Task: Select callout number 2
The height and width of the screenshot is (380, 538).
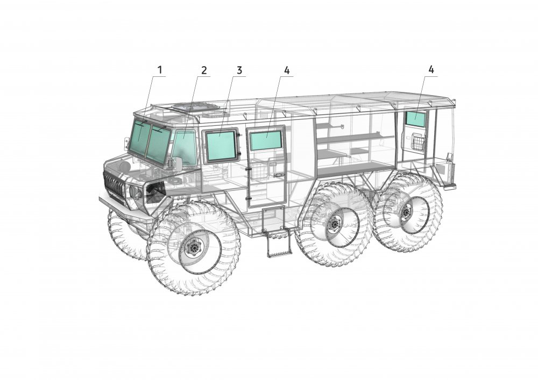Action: [204, 70]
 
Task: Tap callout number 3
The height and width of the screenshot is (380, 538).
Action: [239, 70]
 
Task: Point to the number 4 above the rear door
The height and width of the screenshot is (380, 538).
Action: [431, 69]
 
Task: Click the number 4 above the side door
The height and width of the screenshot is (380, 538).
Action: [287, 70]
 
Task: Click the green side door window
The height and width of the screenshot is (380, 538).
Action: [266, 140]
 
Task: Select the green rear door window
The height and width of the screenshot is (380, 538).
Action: [415, 119]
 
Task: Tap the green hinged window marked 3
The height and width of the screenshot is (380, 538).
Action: [221, 146]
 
